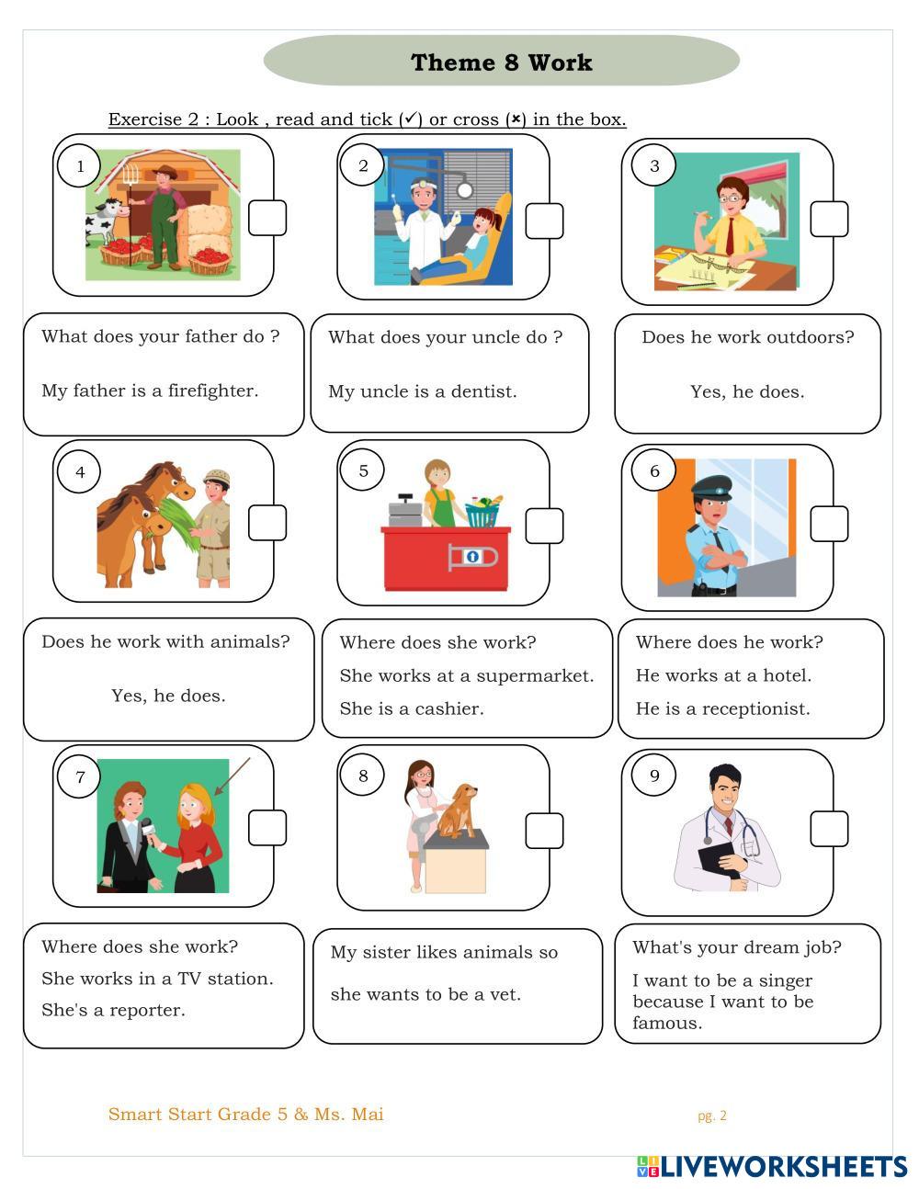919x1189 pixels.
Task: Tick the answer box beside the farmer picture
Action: coord(267,218)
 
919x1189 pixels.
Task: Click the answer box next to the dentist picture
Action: coord(544,221)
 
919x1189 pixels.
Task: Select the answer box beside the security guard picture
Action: coord(829,524)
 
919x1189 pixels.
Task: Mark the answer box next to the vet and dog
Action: coord(544,832)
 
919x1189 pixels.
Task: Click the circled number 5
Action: coord(362,470)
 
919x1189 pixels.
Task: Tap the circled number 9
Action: coord(653,776)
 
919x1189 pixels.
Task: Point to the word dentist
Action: coord(483,391)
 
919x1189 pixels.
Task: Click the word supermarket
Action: coord(531,677)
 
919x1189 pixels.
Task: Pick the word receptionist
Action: coord(755,709)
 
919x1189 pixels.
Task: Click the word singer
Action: coord(785,981)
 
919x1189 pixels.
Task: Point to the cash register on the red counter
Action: coord(404,510)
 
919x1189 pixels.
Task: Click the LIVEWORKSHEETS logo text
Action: coord(772,1167)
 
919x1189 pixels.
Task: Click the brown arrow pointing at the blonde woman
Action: coord(233,776)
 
